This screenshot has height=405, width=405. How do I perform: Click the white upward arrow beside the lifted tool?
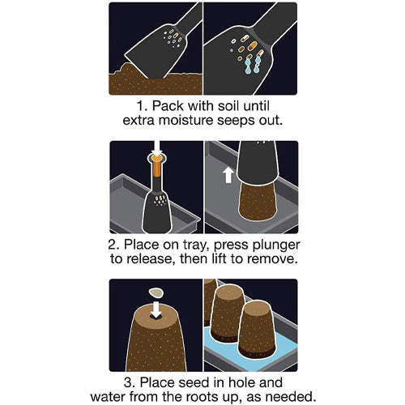[x=228, y=175]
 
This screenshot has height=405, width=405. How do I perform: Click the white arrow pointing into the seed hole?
[x=156, y=309]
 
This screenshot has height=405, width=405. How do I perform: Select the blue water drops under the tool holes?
[x=252, y=66]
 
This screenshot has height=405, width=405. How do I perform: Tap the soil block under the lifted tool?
[x=258, y=202]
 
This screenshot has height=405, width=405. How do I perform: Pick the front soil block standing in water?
[x=258, y=328]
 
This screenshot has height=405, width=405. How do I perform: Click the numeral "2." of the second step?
[x=114, y=245]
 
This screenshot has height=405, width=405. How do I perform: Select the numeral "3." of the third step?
[x=130, y=382]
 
